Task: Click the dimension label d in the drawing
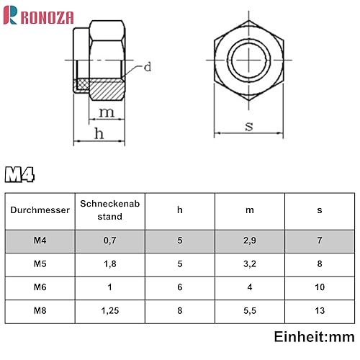click(x=147, y=68)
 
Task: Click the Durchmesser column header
click(x=40, y=211)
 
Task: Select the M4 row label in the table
click(x=40, y=241)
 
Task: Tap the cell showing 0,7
click(x=109, y=241)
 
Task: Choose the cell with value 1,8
click(x=109, y=264)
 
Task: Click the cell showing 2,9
click(x=250, y=241)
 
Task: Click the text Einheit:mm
click(x=314, y=337)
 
